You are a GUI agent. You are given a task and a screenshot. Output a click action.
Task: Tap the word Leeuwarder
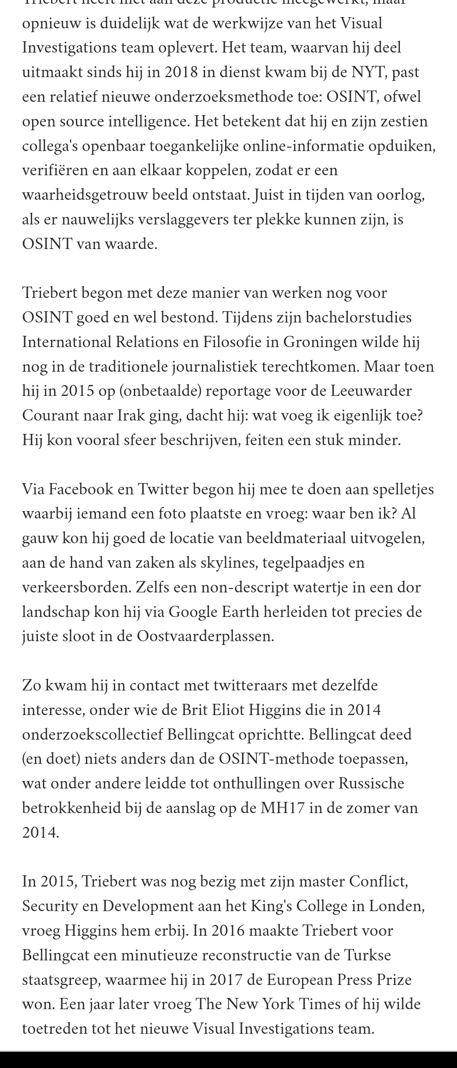tap(372, 391)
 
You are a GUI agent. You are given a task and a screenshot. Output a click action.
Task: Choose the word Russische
tap(371, 783)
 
